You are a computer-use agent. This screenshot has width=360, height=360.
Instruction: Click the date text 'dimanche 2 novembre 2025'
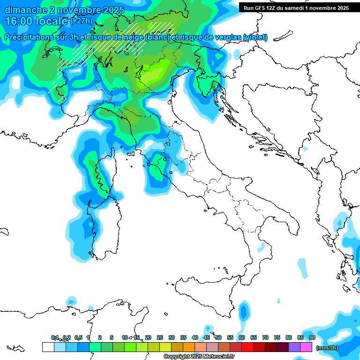click(64, 10)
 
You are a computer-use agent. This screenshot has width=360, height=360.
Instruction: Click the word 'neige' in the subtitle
click(132, 37)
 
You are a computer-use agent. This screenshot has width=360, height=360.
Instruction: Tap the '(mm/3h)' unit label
click(327, 348)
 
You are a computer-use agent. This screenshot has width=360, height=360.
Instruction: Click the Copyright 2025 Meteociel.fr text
click(199, 357)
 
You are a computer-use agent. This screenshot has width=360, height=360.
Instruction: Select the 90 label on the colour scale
click(312, 337)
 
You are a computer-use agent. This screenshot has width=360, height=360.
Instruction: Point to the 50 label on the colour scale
click(218, 337)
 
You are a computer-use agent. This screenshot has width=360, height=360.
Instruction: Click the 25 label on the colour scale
click(160, 337)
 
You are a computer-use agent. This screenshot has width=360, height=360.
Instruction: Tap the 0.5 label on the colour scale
click(78, 337)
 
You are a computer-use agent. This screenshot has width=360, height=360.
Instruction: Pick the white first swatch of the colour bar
click(48, 347)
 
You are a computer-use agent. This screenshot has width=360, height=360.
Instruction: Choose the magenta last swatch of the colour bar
click(306, 347)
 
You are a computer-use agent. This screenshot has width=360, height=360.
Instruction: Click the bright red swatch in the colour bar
click(247, 347)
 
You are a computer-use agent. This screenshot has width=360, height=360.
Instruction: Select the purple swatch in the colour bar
click(294, 347)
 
